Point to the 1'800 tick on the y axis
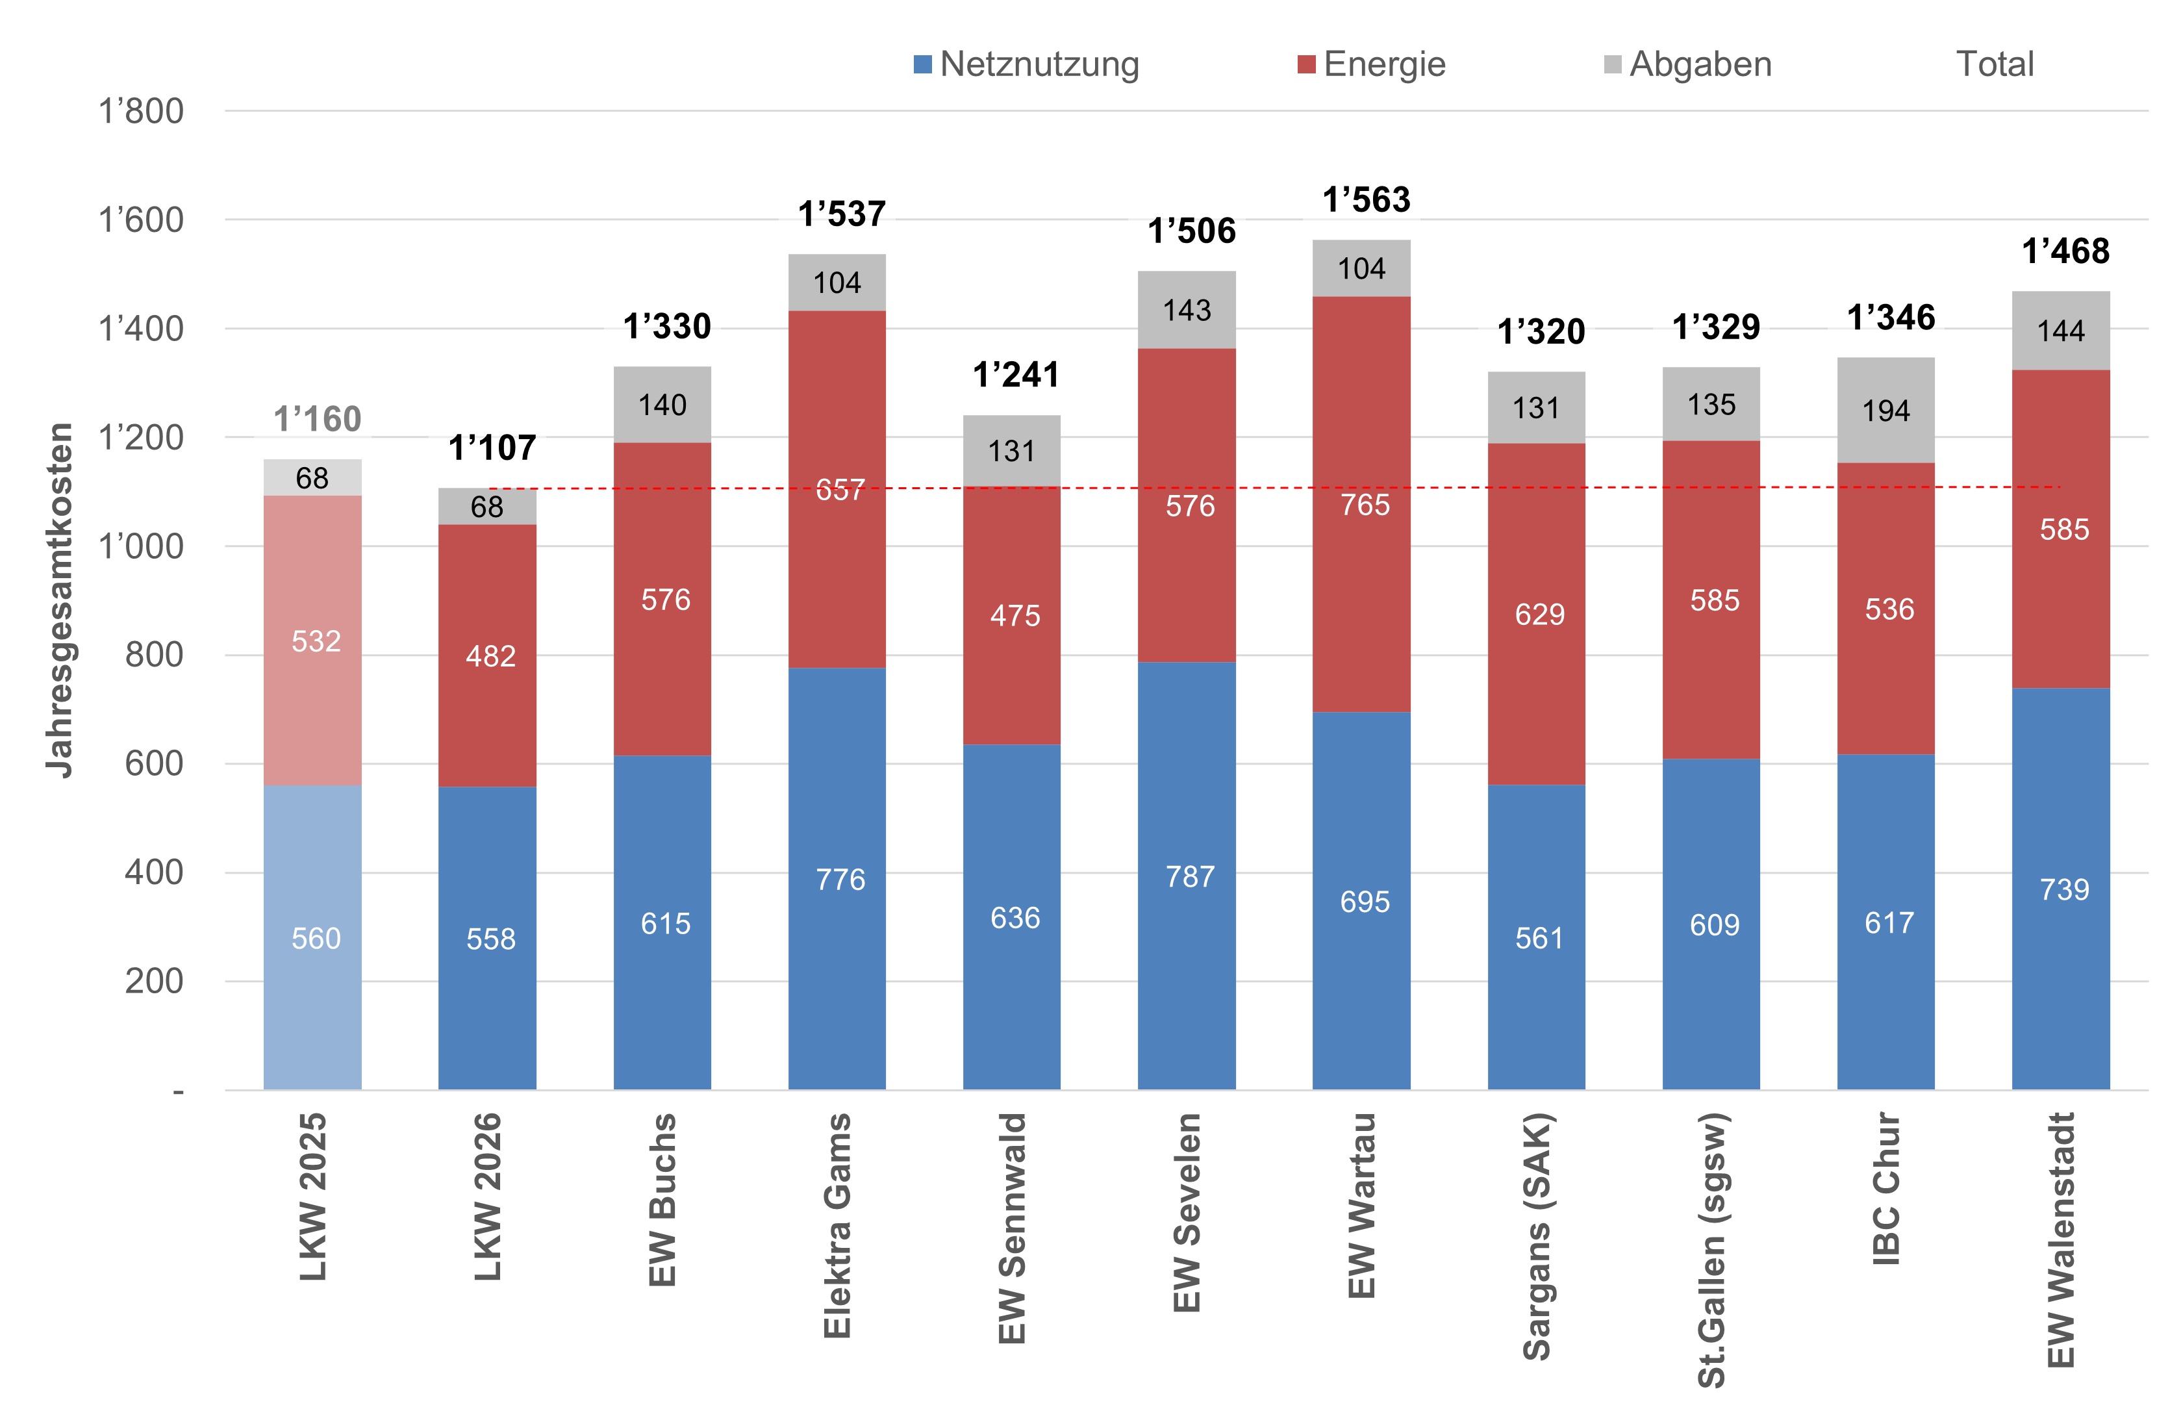(141, 112)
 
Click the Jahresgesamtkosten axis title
(60, 600)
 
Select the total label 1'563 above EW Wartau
(1366, 199)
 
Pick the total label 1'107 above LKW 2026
(492, 448)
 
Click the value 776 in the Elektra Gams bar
(840, 880)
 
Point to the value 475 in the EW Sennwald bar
(1015, 615)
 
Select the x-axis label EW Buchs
(662, 1199)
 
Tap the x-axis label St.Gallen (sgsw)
(1711, 1249)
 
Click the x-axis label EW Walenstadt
(2060, 1239)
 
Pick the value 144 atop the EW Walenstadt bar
(2060, 330)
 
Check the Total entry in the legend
(1995, 65)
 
